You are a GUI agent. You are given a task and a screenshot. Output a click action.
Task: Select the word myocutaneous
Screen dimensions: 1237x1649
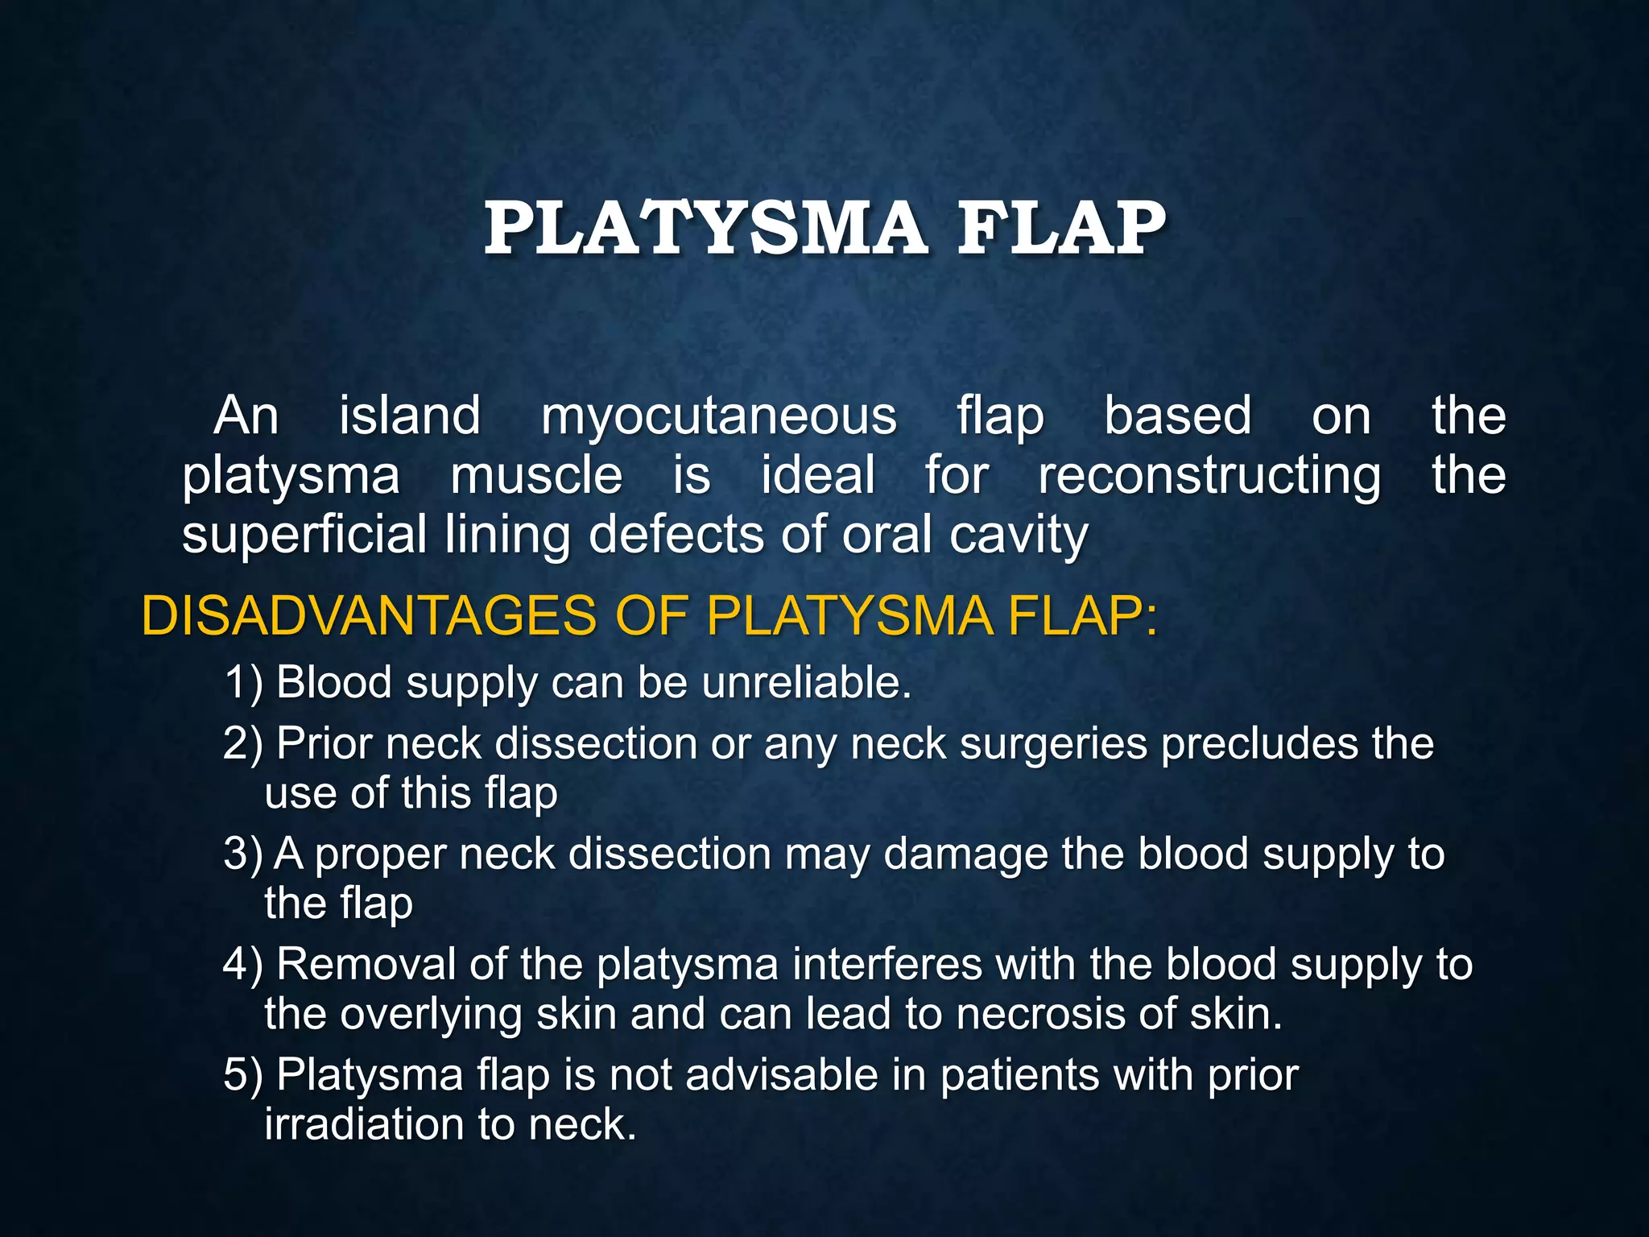point(718,417)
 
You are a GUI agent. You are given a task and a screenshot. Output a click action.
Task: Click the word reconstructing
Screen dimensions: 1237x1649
point(1209,477)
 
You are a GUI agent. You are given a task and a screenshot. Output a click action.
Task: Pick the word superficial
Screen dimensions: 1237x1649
point(304,535)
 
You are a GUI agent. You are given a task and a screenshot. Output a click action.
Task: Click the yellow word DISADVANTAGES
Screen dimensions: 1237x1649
point(370,617)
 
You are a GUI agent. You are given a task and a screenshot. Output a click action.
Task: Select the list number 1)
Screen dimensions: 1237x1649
point(244,683)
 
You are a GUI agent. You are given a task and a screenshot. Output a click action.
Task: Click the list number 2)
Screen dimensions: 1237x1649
point(243,743)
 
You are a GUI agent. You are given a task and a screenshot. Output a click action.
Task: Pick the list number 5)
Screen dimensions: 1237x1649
point(243,1075)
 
